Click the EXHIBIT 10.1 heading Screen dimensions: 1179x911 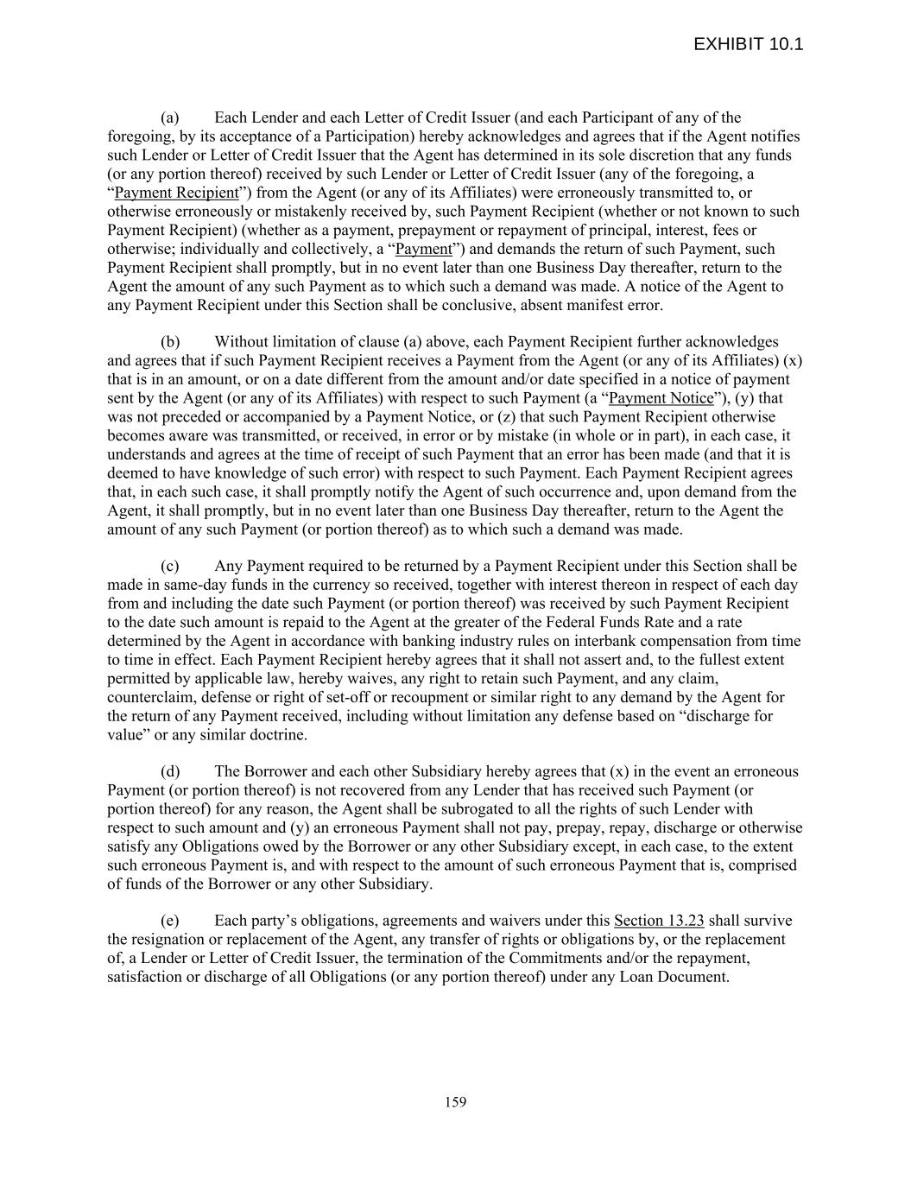(748, 44)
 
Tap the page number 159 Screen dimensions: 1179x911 (455, 1101)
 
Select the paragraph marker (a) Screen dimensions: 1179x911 (170, 117)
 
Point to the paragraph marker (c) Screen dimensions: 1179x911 (170, 566)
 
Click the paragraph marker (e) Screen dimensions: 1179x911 (170, 921)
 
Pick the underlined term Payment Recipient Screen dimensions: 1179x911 (176, 193)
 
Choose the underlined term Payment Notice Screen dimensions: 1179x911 (661, 398)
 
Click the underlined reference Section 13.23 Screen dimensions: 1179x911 (659, 921)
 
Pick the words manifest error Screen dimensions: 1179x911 (619, 305)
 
